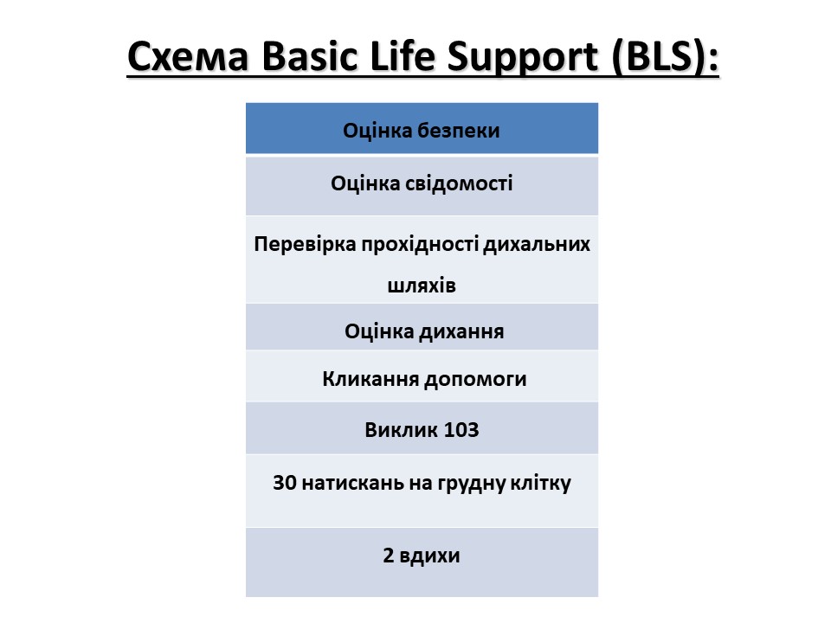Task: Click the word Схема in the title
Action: pos(188,56)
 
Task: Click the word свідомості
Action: pos(459,183)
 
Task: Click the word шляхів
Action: pos(422,286)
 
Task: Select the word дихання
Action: pos(461,332)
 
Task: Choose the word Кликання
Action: pos(371,379)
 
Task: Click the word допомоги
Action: pos(475,380)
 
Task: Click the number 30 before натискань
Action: pos(284,483)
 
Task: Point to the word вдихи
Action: pos(429,556)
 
